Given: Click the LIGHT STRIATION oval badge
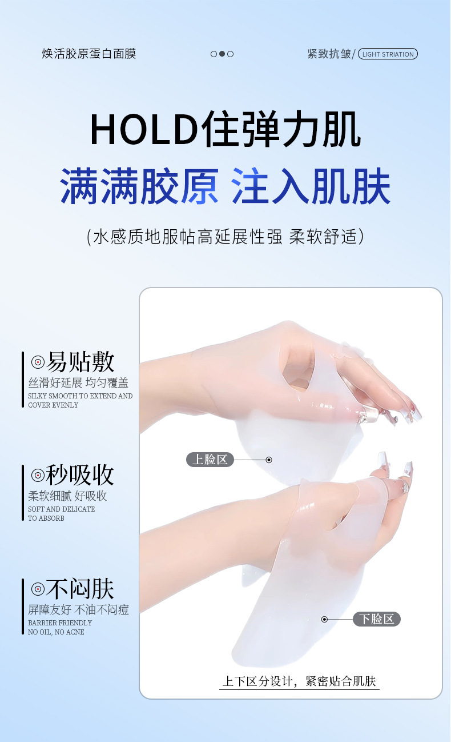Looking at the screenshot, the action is (388, 54).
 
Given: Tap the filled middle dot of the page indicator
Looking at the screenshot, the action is (222, 54).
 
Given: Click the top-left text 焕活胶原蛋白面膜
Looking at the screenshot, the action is (88, 54).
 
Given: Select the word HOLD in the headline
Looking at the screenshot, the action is (144, 129).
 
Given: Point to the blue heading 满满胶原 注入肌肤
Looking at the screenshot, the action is (225, 186).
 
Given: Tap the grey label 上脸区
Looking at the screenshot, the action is (210, 460).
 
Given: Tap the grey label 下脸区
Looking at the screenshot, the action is (377, 619).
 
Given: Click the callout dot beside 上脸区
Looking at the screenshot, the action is (269, 460).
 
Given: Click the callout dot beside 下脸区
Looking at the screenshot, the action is (325, 619).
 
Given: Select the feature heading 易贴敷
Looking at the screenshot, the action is (80, 362).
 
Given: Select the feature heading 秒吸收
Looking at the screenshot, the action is (80, 475).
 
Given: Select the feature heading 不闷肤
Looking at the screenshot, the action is (80, 589).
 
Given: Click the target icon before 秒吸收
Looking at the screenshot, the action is (38, 476).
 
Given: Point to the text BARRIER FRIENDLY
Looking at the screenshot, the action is (60, 623).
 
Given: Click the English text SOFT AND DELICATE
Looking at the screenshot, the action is (61, 509).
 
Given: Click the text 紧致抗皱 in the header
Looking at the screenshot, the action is (329, 54).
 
